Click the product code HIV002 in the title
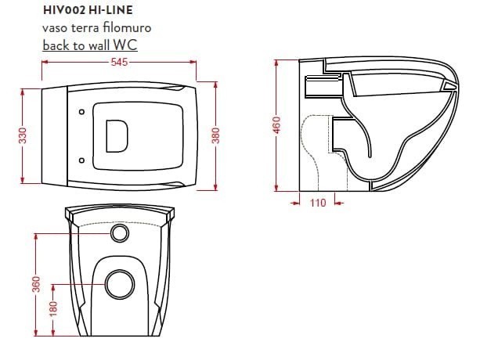pyautogui.click(x=60, y=11)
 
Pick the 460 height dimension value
pyautogui.click(x=276, y=124)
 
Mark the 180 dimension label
pyautogui.click(x=53, y=310)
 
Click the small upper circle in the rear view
pyautogui.click(x=119, y=232)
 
